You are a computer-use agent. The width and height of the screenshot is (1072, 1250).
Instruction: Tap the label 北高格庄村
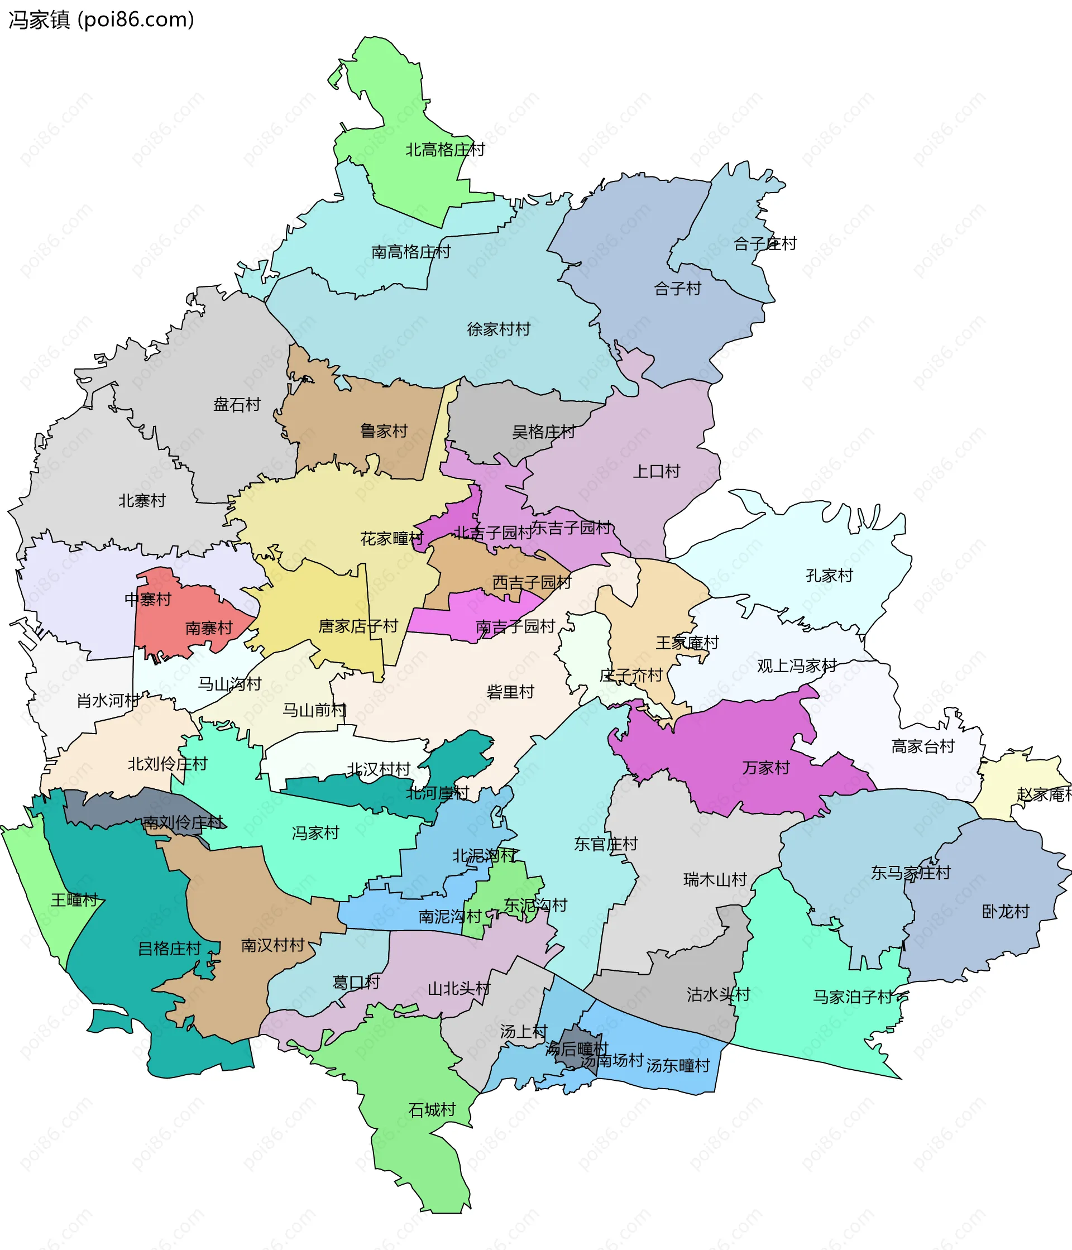pyautogui.click(x=444, y=150)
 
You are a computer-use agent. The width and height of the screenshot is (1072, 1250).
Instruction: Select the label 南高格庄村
pyautogui.click(x=411, y=252)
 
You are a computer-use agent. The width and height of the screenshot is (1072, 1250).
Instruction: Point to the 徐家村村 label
pyautogui.click(x=498, y=329)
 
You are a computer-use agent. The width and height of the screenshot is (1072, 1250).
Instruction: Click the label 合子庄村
pyautogui.click(x=765, y=244)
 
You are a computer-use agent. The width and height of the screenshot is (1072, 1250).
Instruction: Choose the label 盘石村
pyautogui.click(x=237, y=404)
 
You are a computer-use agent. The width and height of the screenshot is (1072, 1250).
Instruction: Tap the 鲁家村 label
pyautogui.click(x=384, y=431)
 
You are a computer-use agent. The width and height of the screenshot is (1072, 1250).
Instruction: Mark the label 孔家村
pyautogui.click(x=829, y=576)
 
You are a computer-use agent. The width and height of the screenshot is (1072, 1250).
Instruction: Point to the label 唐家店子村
pyautogui.click(x=358, y=626)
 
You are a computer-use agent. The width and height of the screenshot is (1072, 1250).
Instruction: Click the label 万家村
pyautogui.click(x=765, y=768)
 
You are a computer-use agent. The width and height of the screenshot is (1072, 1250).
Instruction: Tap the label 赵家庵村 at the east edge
pyautogui.click(x=1044, y=794)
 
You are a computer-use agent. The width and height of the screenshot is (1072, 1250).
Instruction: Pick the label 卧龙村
pyautogui.click(x=1005, y=912)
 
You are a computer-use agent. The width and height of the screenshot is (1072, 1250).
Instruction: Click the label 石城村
pyautogui.click(x=432, y=1110)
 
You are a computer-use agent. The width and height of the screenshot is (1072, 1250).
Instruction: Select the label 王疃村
pyautogui.click(x=74, y=900)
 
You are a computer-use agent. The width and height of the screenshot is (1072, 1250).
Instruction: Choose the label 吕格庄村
pyautogui.click(x=169, y=949)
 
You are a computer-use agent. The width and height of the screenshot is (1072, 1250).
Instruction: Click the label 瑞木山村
pyautogui.click(x=715, y=880)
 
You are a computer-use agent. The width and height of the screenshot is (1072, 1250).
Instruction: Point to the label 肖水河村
pyautogui.click(x=107, y=701)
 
